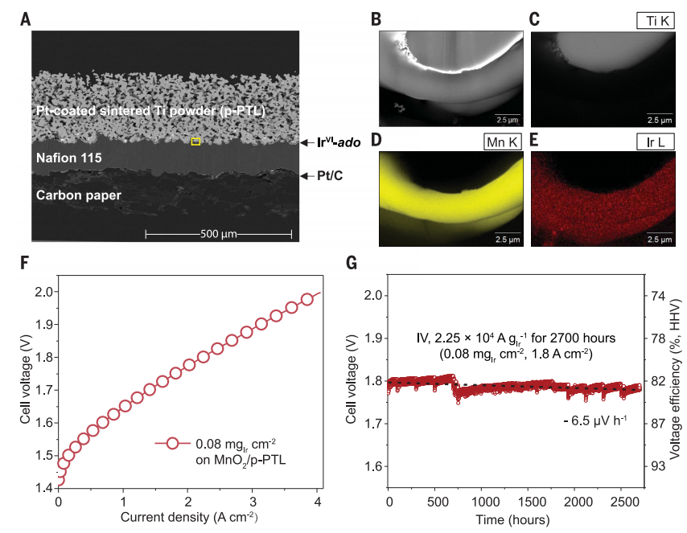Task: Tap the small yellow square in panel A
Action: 195,141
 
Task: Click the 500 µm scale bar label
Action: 218,234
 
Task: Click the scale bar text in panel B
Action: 505,119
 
